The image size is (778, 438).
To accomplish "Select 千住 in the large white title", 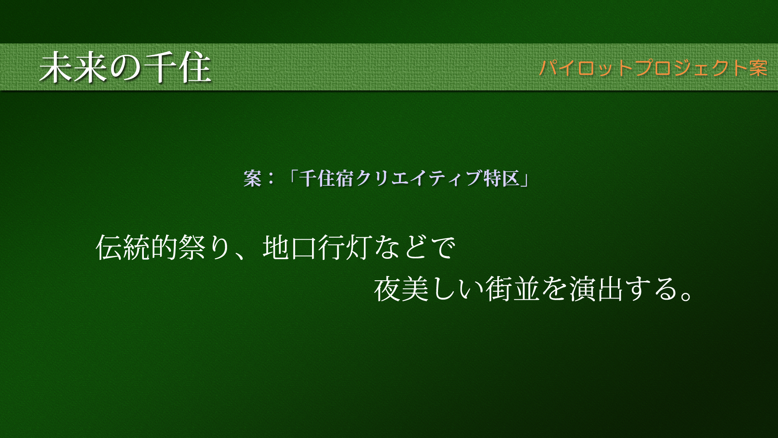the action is click(x=177, y=67).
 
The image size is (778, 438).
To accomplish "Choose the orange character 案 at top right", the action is click(x=758, y=68).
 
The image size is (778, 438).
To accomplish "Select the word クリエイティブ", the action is click(x=419, y=178).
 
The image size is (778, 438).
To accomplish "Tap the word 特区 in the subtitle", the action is click(x=502, y=178).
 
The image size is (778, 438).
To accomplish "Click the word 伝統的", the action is click(x=137, y=247).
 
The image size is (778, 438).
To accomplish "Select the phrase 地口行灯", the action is click(x=317, y=247).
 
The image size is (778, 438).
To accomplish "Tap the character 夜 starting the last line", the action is click(x=387, y=289).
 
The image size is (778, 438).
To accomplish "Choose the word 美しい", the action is click(x=443, y=289).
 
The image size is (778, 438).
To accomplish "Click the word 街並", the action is click(x=513, y=289).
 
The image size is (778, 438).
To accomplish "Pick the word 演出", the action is click(x=596, y=289).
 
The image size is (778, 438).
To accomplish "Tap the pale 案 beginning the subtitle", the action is click(x=252, y=178).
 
